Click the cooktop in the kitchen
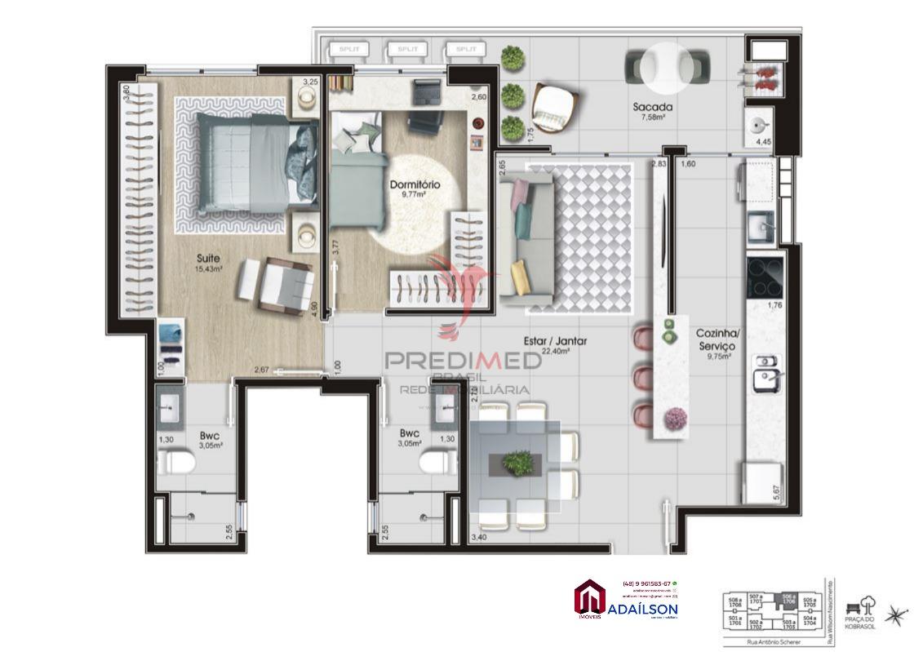tap(765, 277)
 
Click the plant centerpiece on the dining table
tap(516, 463)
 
